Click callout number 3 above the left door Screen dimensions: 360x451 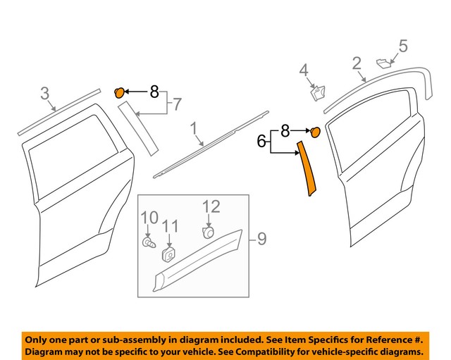(x=44, y=93)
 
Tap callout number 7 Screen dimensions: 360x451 (x=177, y=104)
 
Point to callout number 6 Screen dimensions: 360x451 (x=261, y=142)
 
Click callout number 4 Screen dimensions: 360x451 (x=304, y=70)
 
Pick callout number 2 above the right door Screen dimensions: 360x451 (x=357, y=66)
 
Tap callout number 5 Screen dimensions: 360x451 (x=402, y=46)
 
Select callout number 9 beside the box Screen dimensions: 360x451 (x=261, y=240)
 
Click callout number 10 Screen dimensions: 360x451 (x=148, y=217)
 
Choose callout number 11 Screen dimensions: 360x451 (x=168, y=226)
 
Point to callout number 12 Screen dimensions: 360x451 (x=211, y=206)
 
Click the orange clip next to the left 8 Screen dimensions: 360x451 (x=120, y=91)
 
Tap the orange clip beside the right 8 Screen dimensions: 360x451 (x=316, y=131)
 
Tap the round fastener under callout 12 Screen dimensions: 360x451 (x=209, y=232)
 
